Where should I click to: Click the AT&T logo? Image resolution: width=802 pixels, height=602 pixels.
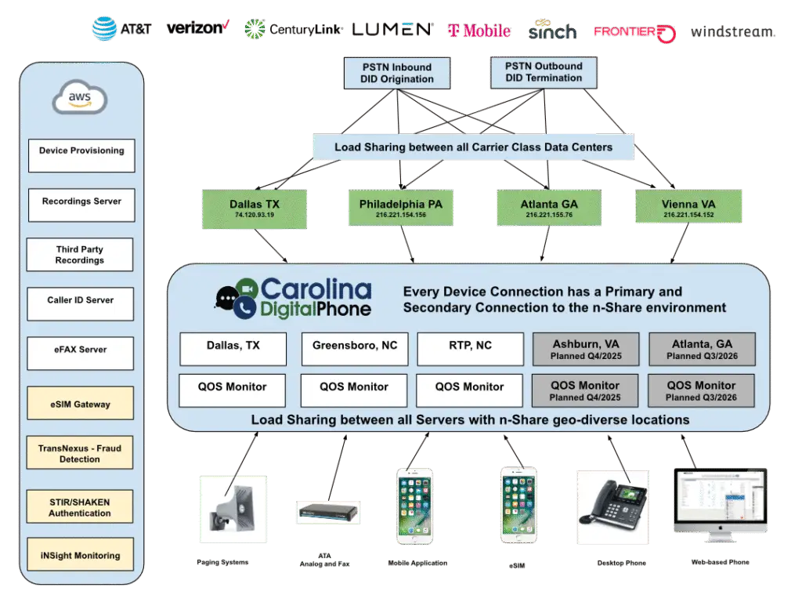121,29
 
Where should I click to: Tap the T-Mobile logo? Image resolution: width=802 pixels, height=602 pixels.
479,31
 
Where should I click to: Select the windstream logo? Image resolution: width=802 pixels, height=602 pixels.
732,31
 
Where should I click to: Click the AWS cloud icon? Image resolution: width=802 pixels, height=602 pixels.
80,97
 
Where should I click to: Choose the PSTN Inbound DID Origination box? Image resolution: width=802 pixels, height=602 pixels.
397,73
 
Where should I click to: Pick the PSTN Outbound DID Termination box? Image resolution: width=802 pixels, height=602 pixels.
544,72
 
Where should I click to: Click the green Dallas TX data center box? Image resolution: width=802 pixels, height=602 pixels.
255,209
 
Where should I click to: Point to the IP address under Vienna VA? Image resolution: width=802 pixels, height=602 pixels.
688,215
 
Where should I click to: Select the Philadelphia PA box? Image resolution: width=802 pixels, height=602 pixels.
400,207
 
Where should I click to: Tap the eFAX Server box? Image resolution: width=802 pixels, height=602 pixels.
81,354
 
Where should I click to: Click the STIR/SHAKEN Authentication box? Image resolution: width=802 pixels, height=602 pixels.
80,507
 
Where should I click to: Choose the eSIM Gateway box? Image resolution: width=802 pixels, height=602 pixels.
81,404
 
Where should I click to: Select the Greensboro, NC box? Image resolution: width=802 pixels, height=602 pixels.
355,349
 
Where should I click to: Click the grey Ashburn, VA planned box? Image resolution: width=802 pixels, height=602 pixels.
586,349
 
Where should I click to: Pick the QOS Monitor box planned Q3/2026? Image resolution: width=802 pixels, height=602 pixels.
701,390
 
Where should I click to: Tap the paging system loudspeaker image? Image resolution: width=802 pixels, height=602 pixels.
233,509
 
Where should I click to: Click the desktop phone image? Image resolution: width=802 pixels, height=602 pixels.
612,507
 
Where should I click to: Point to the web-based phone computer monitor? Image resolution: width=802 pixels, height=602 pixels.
721,505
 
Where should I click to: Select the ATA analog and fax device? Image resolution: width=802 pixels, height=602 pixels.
328,513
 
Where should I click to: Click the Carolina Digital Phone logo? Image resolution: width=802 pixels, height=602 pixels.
293,299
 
